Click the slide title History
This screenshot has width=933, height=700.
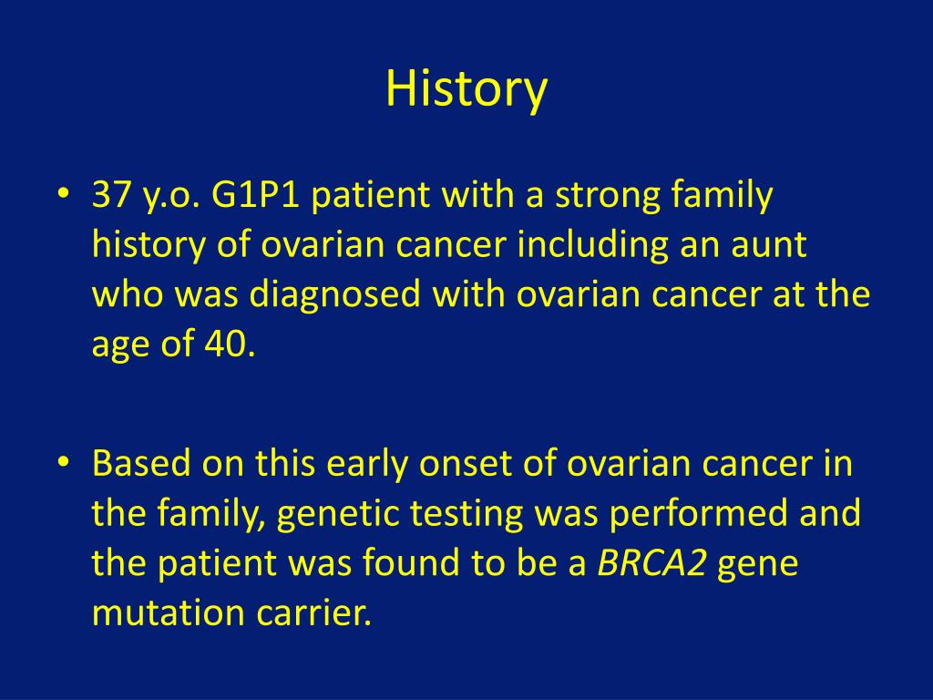point(466,89)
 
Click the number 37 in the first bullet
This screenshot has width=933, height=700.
point(111,195)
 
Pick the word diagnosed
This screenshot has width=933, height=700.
point(335,294)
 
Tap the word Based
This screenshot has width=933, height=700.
point(141,463)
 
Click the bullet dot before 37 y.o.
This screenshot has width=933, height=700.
point(64,193)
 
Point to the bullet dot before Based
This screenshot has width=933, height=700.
point(64,462)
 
